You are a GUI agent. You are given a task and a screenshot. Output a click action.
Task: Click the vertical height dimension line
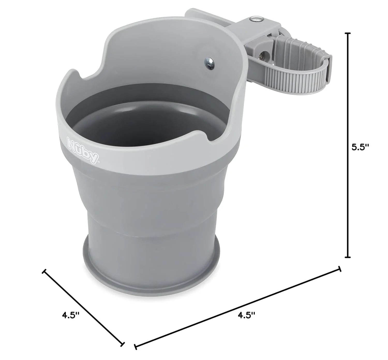pos(348,145)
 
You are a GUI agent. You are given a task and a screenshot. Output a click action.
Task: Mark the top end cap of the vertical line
pos(348,33)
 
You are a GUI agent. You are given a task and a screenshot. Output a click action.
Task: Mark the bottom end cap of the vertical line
pos(348,257)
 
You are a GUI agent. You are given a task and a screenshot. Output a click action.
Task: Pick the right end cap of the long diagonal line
pos(340,269)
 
